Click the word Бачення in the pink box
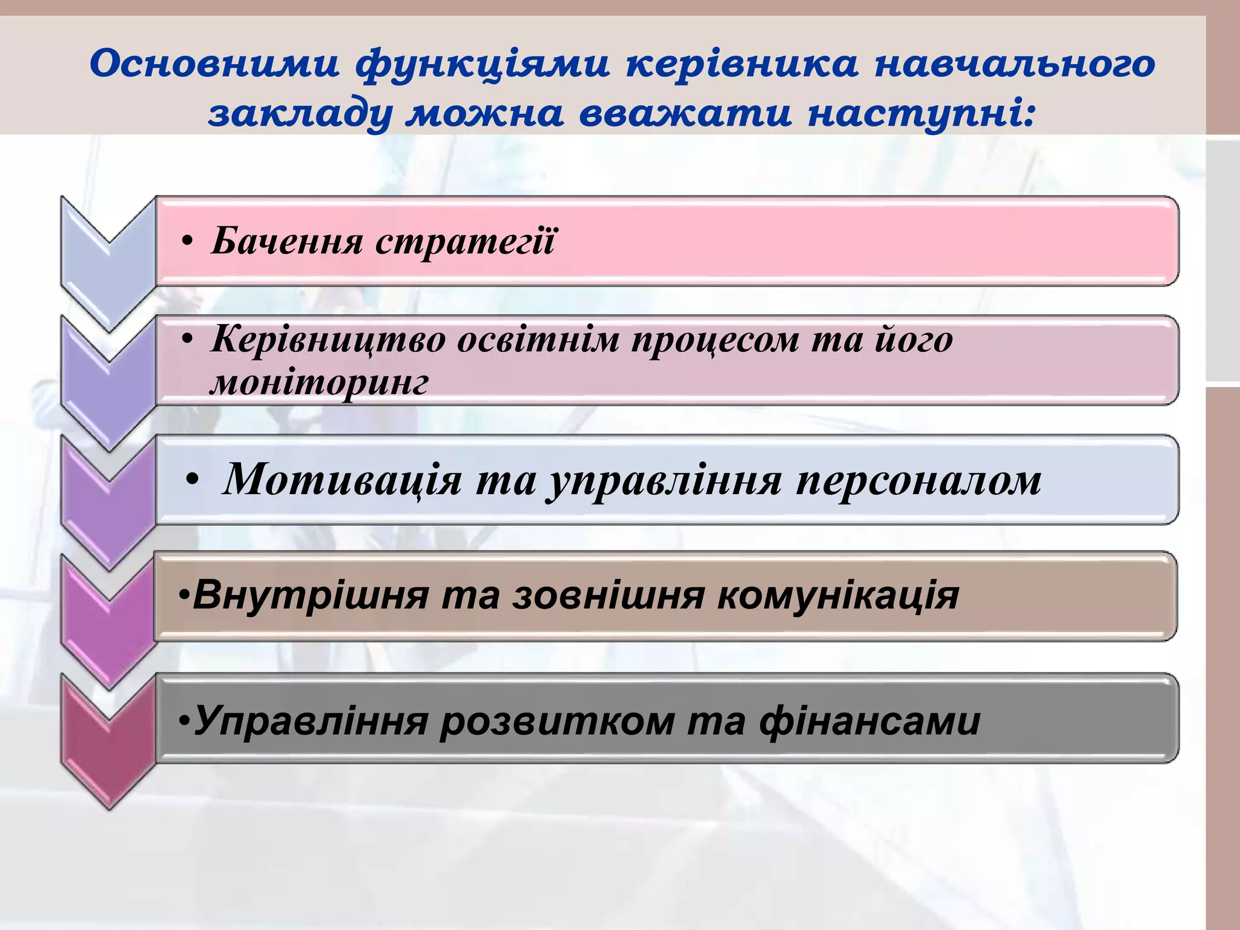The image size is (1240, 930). tap(287, 241)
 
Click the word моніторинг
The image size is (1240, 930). tap(319, 383)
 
